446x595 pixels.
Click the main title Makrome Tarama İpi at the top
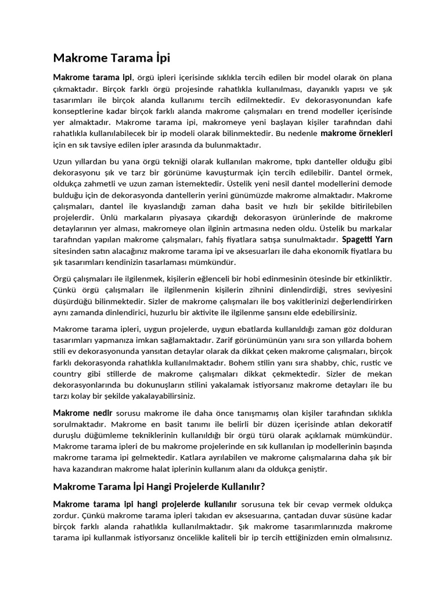point(112,58)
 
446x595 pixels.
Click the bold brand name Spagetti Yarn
point(367,239)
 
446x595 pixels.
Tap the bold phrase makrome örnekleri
point(357,134)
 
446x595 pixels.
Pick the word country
point(68,374)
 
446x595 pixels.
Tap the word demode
point(378,184)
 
